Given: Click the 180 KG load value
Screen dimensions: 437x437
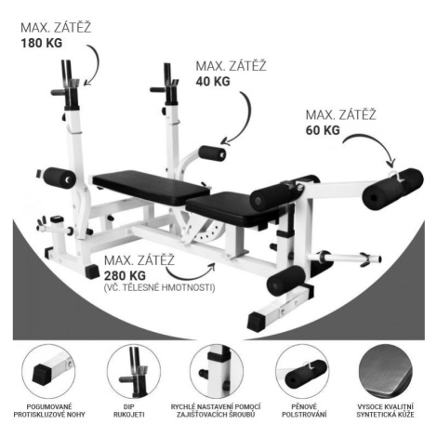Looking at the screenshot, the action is (42, 43).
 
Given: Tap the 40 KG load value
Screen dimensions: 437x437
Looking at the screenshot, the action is (213, 81).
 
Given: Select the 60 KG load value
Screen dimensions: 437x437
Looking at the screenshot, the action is (323, 130).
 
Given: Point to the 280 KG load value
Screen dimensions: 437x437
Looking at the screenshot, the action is (125, 275).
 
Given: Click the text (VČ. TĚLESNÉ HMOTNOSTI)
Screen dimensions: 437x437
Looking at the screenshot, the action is (159, 288).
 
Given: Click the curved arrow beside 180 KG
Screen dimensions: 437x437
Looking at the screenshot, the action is (96, 63).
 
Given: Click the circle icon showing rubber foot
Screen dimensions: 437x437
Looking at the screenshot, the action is (48, 371).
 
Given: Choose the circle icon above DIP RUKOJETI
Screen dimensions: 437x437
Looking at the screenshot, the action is (134, 371).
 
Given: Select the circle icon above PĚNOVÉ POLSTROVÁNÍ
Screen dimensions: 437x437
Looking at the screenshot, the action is (302, 371).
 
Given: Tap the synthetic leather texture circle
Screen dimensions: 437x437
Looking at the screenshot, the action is (385, 371).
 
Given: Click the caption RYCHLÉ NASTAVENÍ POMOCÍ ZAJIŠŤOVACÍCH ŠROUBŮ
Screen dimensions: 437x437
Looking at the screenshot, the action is (216, 410).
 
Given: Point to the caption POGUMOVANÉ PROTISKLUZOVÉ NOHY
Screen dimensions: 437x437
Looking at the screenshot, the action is (49, 410).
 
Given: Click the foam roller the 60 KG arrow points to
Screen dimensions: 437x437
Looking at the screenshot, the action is (393, 189).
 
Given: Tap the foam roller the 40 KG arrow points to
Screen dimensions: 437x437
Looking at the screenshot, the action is (212, 153).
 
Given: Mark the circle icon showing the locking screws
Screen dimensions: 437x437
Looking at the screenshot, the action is (217, 371).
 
